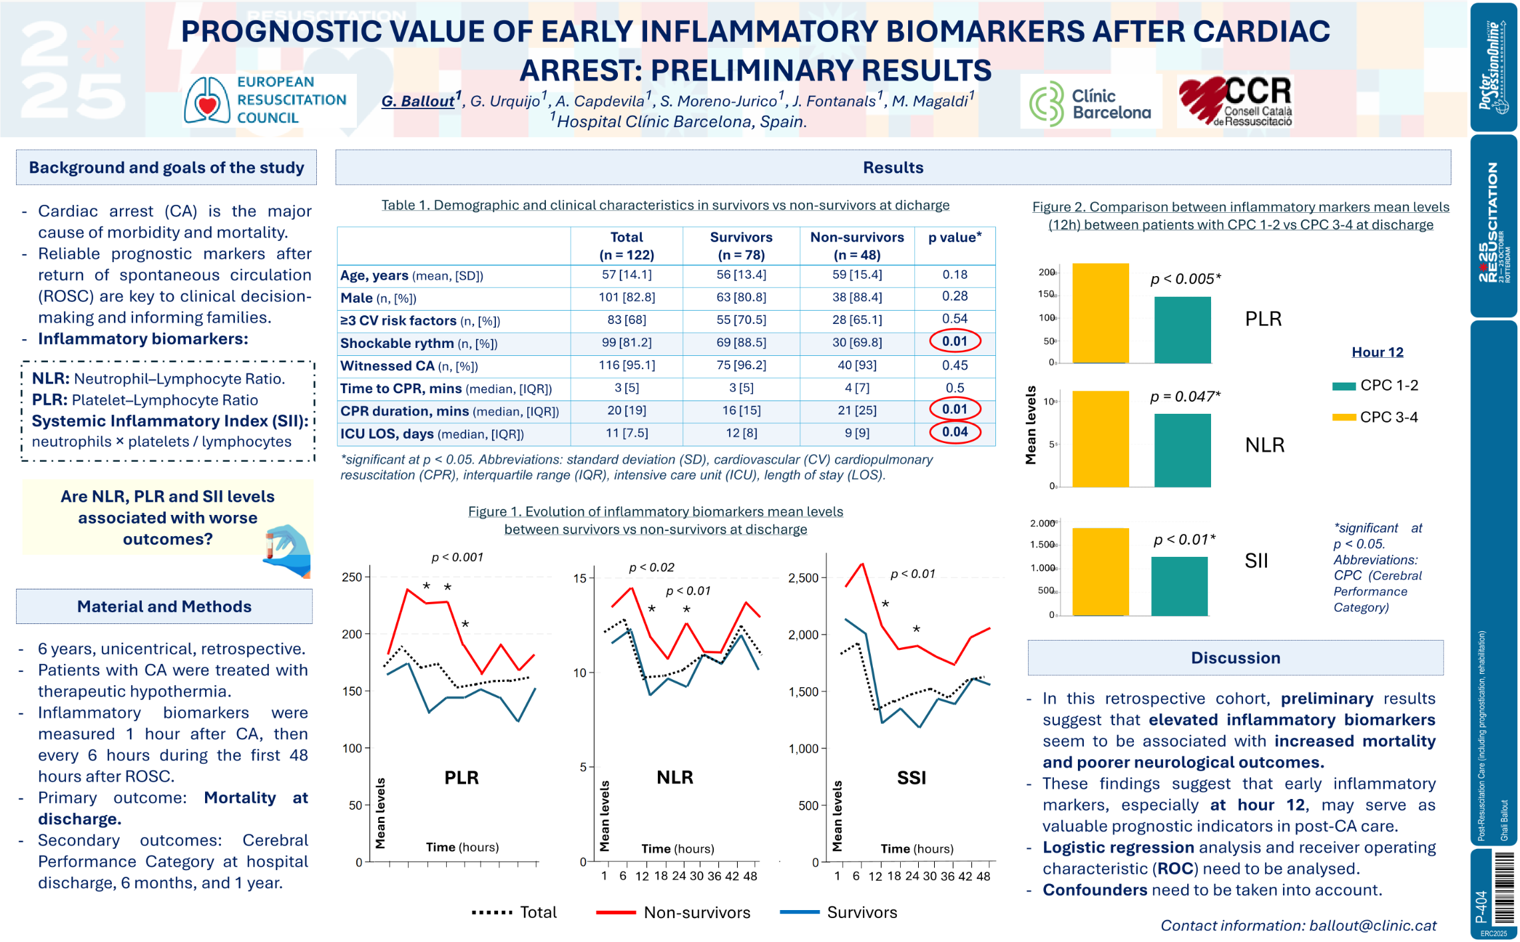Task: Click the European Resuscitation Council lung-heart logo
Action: [206, 100]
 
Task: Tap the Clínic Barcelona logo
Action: [1090, 104]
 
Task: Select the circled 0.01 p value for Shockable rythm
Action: [954, 342]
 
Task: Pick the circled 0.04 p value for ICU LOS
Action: [954, 432]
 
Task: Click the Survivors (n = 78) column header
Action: [740, 246]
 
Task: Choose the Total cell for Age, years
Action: [626, 275]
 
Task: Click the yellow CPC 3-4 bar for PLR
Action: [1100, 313]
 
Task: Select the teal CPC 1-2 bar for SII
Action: [1178, 586]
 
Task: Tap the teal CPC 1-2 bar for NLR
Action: [1182, 450]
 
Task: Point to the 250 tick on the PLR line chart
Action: [352, 577]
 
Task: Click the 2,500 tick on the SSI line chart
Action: [803, 578]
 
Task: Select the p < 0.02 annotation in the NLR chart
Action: [651, 567]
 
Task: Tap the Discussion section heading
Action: [1235, 658]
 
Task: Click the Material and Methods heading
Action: [164, 607]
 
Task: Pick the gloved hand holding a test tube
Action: [288, 550]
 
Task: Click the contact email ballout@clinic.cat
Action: [1372, 925]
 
